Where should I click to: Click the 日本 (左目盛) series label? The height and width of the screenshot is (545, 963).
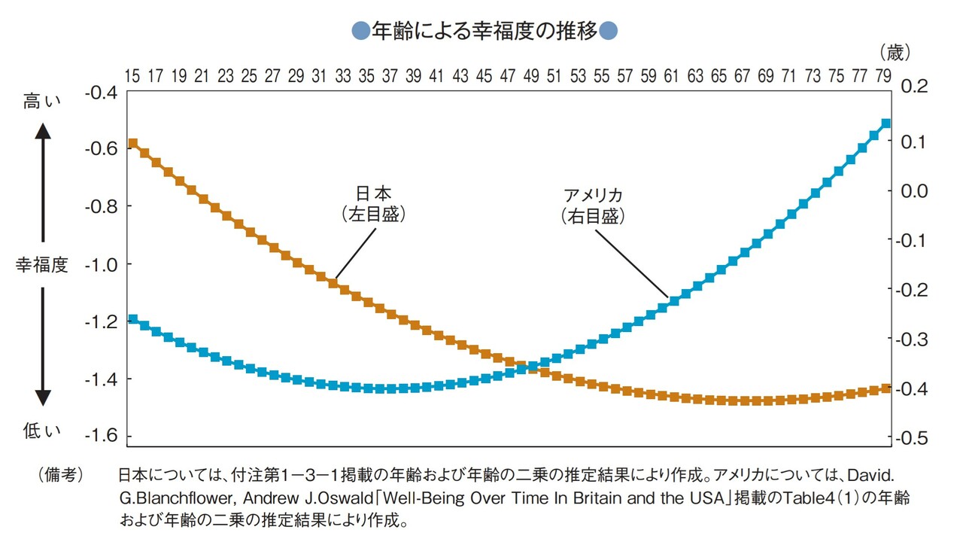(x=373, y=204)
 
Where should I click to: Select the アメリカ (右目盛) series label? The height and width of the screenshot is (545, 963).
(x=593, y=206)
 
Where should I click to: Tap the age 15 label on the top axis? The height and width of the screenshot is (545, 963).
(x=132, y=75)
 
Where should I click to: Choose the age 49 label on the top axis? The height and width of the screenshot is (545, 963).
(x=532, y=75)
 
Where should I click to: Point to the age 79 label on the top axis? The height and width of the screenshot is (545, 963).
(x=885, y=75)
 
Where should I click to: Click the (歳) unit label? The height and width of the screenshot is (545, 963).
(x=894, y=52)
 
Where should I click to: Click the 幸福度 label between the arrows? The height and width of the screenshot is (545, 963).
(x=42, y=265)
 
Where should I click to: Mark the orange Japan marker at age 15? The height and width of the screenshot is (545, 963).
(x=133, y=143)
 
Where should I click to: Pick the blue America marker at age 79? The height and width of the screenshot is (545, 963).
(x=886, y=123)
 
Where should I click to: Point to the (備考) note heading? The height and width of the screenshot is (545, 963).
(x=60, y=476)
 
